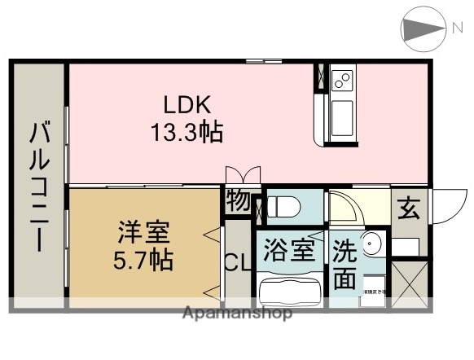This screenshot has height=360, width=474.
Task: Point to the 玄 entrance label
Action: [x=408, y=209]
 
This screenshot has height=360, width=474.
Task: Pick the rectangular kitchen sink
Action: [x=340, y=115]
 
